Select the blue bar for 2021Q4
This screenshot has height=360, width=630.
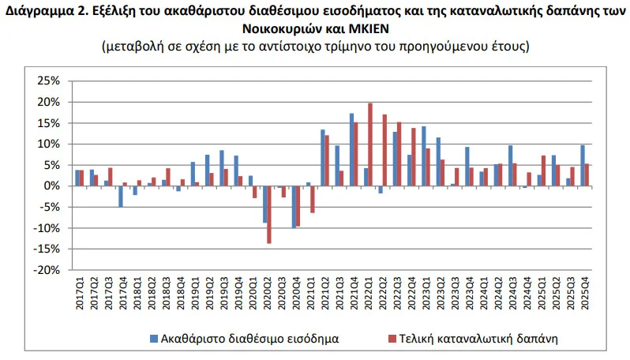click(351, 149)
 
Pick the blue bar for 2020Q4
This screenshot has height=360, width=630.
click(294, 206)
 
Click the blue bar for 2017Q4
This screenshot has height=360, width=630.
click(121, 196)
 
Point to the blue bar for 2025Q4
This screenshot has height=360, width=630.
click(582, 165)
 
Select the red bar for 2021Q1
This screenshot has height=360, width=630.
click(313, 199)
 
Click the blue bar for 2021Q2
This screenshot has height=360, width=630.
click(322, 157)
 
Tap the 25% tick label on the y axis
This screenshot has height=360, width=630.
click(49, 81)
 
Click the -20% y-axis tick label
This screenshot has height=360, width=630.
click(47, 270)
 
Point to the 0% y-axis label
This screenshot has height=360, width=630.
click(53, 186)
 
